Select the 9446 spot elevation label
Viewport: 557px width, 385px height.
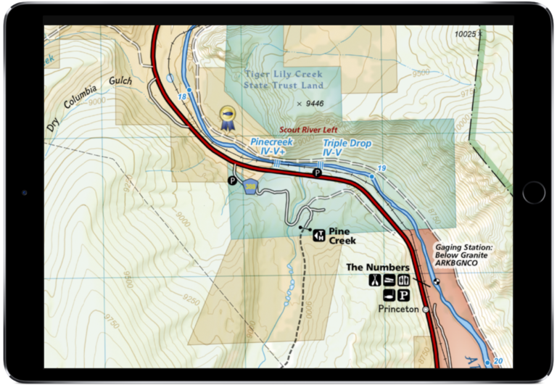(x=310, y=104)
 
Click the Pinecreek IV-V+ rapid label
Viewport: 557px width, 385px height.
(x=271, y=146)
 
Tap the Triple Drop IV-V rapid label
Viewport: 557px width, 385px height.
(x=347, y=148)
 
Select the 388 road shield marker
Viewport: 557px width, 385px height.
(x=251, y=187)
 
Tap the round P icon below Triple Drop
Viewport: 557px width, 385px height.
(x=317, y=173)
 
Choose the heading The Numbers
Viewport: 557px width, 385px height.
(x=377, y=268)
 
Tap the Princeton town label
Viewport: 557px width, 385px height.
(x=398, y=309)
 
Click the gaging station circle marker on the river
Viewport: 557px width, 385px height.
(x=437, y=281)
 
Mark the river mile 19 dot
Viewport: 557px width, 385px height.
(x=372, y=176)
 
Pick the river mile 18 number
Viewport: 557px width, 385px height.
(x=181, y=96)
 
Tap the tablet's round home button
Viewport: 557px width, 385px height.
(x=533, y=192)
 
